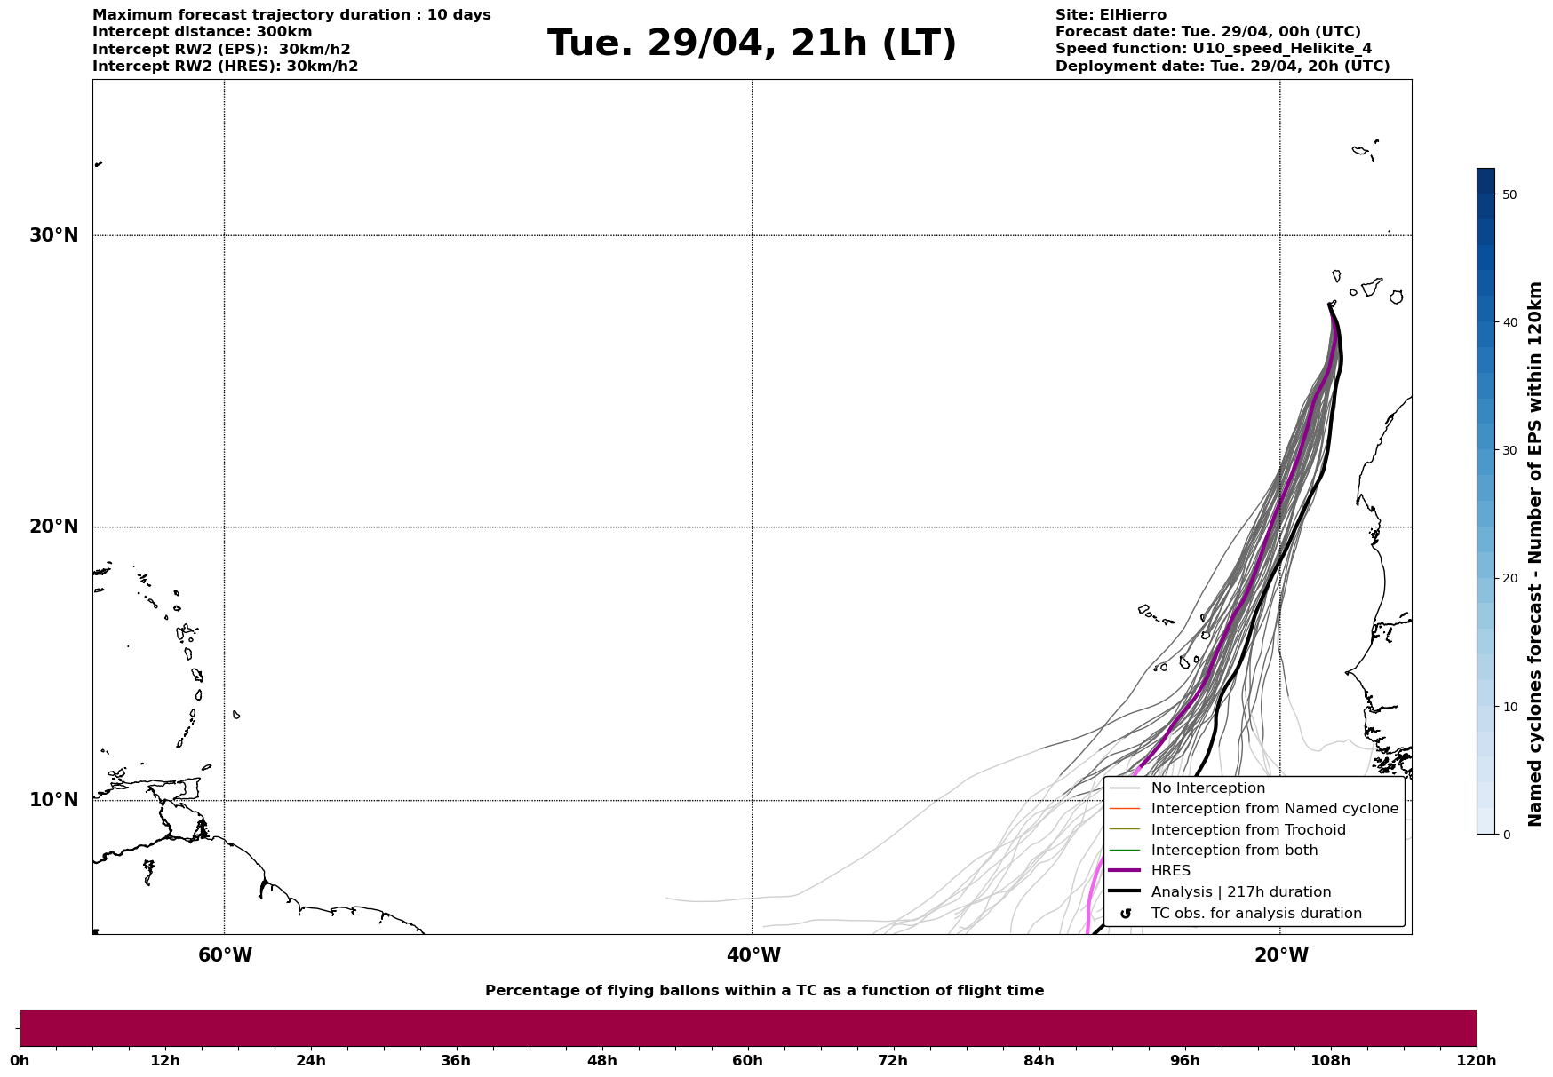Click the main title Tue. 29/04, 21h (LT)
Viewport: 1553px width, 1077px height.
tap(752, 44)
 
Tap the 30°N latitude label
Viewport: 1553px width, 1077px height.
tap(54, 235)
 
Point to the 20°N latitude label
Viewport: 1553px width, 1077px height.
tap(54, 527)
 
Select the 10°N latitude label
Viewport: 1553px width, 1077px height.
tap(54, 800)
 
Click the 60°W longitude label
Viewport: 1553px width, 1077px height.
tap(225, 955)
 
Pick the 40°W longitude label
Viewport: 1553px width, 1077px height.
tap(753, 955)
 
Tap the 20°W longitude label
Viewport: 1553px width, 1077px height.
tap(1281, 955)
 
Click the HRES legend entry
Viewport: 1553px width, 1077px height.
tap(1170, 871)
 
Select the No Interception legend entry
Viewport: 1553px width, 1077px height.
tap(1207, 788)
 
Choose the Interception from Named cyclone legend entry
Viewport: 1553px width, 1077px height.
tap(1274, 809)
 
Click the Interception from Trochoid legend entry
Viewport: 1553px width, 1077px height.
tap(1247, 830)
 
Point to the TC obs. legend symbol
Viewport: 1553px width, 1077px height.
tap(1126, 914)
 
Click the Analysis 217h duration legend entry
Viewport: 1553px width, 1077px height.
tap(1240, 892)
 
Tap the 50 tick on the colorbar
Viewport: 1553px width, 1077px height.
tap(1509, 194)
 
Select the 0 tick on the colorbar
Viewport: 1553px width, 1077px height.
tap(1506, 835)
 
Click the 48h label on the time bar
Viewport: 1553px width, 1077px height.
tap(601, 1060)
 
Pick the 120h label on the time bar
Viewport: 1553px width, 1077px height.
tap(1477, 1060)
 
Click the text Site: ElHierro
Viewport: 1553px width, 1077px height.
tap(1111, 15)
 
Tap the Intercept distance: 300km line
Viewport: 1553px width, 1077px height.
tap(203, 32)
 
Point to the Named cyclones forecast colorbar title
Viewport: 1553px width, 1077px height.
tap(1535, 554)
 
